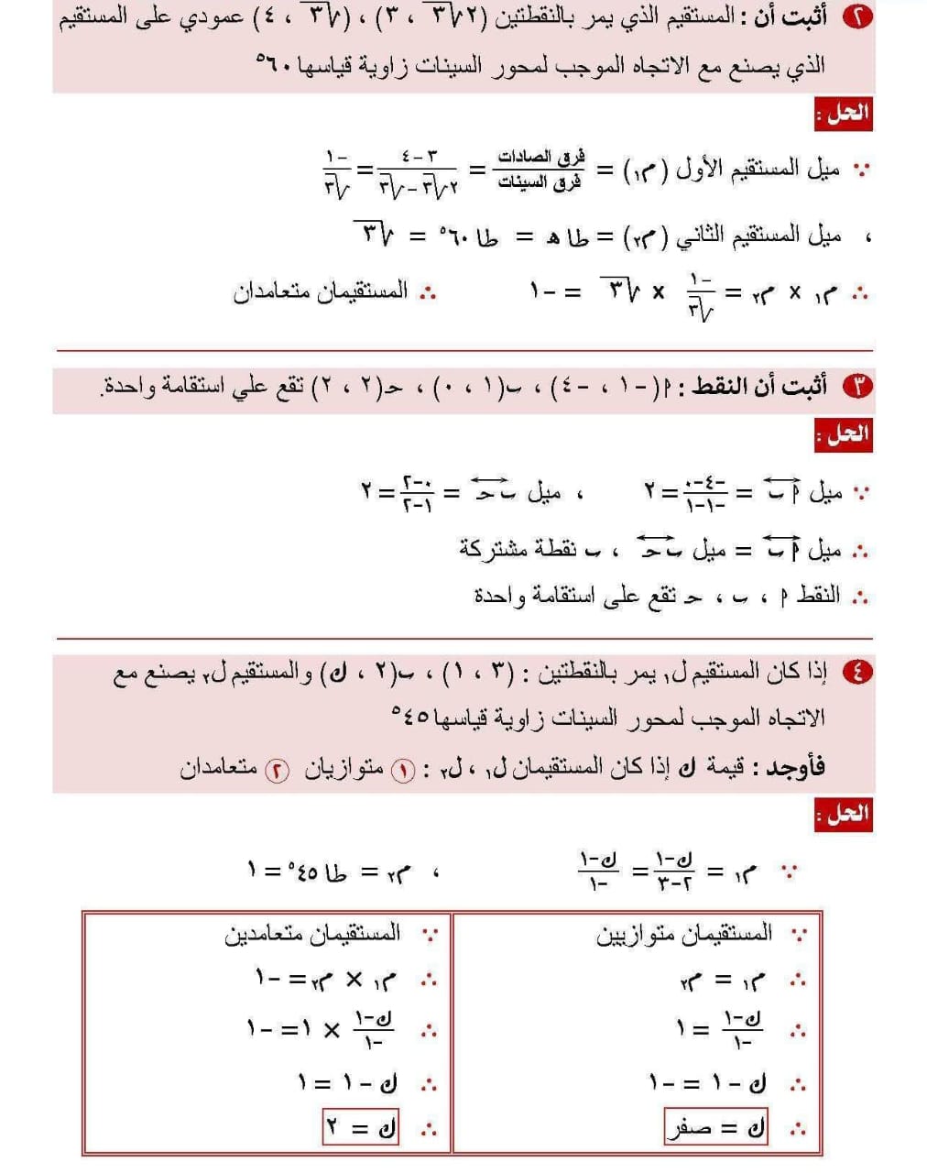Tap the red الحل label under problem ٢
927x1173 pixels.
[844, 115]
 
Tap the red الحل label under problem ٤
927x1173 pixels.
[844, 813]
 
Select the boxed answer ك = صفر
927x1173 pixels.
[715, 1126]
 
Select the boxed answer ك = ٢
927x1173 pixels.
[361, 1126]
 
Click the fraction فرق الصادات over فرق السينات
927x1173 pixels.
[540, 170]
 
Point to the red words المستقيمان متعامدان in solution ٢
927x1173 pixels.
[321, 292]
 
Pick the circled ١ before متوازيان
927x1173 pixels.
[403, 770]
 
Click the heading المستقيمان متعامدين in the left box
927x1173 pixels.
[312, 934]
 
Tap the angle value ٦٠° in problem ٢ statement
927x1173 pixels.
[275, 65]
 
